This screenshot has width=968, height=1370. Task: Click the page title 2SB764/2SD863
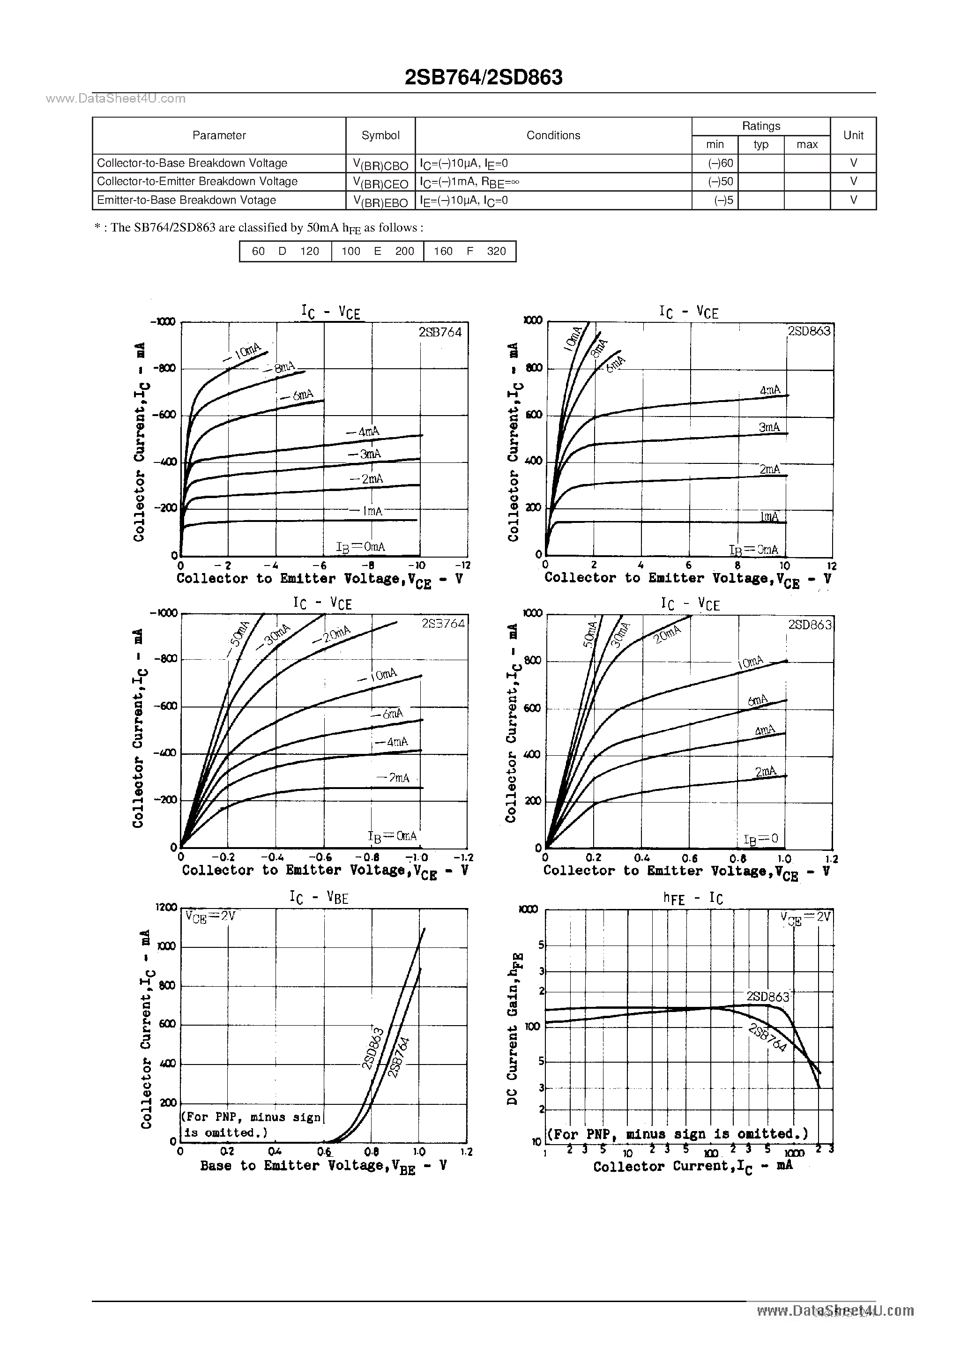click(x=484, y=78)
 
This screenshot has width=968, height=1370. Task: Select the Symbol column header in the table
click(x=380, y=135)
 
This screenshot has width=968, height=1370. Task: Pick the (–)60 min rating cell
click(x=720, y=163)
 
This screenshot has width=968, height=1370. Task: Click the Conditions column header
click(x=553, y=135)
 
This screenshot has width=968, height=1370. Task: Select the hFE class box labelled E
click(x=377, y=251)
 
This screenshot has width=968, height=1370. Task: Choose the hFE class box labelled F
click(x=469, y=251)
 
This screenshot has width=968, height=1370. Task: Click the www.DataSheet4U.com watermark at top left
click(x=115, y=99)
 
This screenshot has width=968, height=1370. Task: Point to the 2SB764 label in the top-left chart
click(x=440, y=332)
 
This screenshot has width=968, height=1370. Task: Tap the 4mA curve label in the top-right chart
click(x=770, y=390)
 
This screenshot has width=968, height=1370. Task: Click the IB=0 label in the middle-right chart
click(x=761, y=839)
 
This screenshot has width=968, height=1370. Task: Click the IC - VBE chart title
click(x=319, y=897)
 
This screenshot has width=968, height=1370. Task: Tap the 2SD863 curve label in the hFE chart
click(x=767, y=997)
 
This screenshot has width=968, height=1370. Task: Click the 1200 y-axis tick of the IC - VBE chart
click(x=166, y=908)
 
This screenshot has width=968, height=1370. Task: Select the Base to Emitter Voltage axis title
click(x=323, y=1166)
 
